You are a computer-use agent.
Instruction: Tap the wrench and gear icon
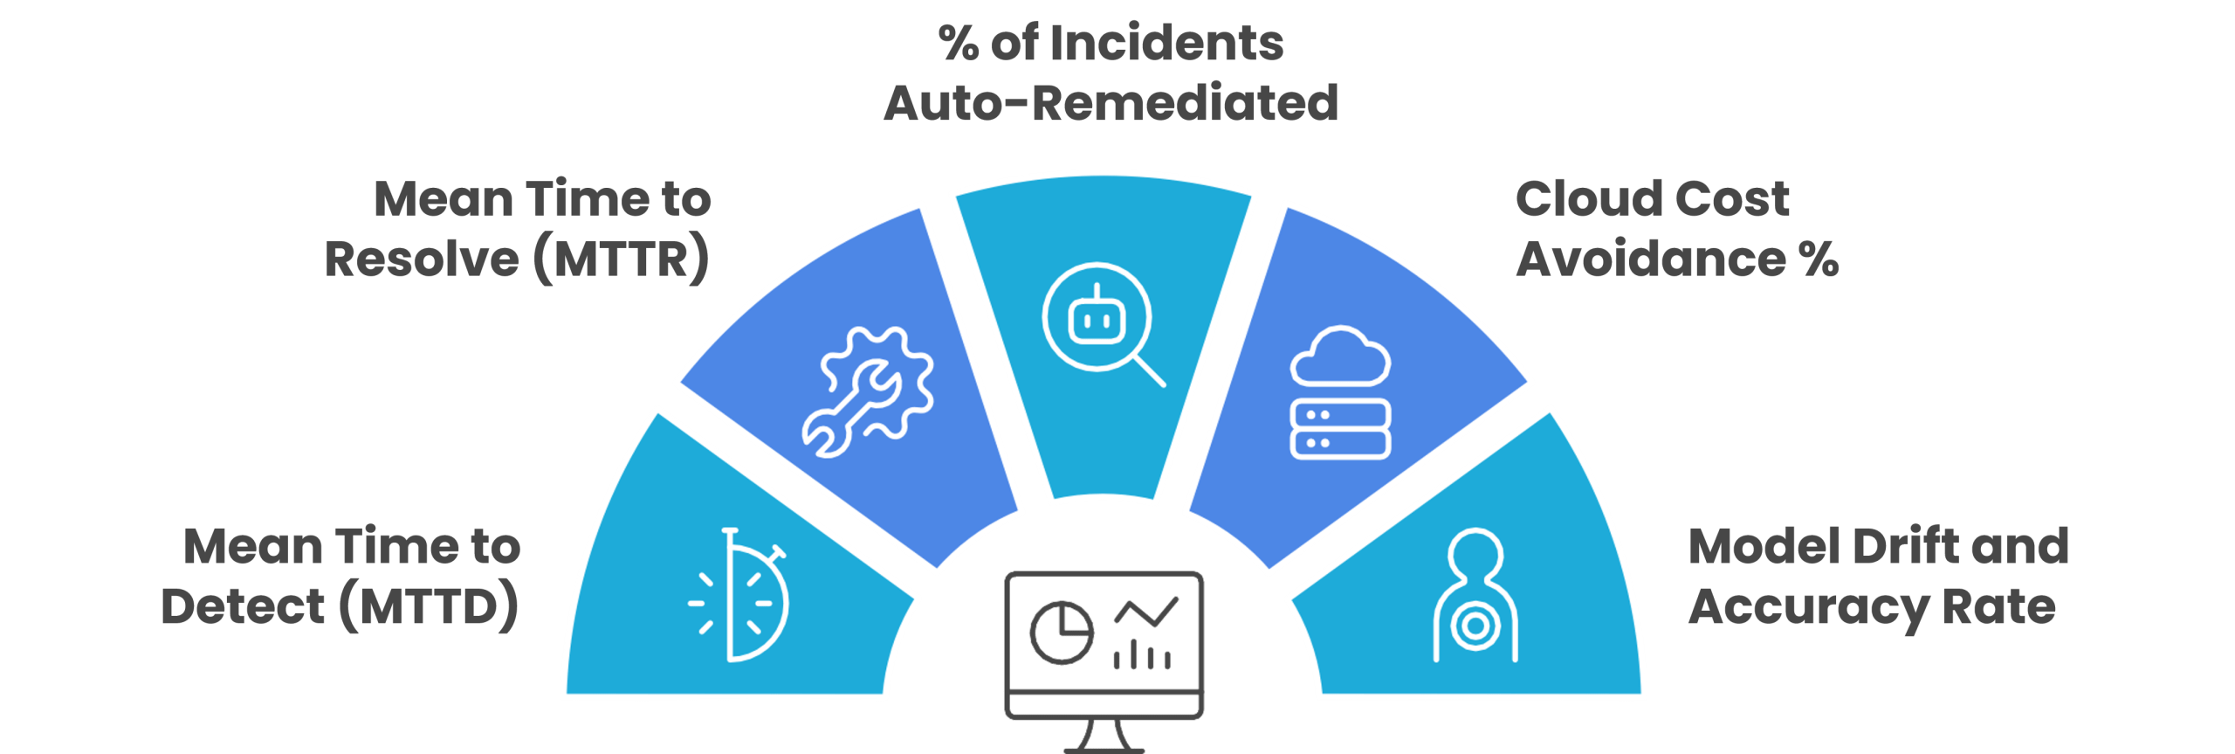[867, 391]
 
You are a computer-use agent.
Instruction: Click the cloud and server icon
[1340, 392]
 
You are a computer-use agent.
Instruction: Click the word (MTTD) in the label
[429, 606]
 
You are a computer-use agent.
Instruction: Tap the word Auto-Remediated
[1111, 104]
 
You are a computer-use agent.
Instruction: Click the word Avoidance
[1651, 259]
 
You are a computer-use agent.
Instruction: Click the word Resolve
[423, 259]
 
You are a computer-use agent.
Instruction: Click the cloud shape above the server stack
[1340, 356]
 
